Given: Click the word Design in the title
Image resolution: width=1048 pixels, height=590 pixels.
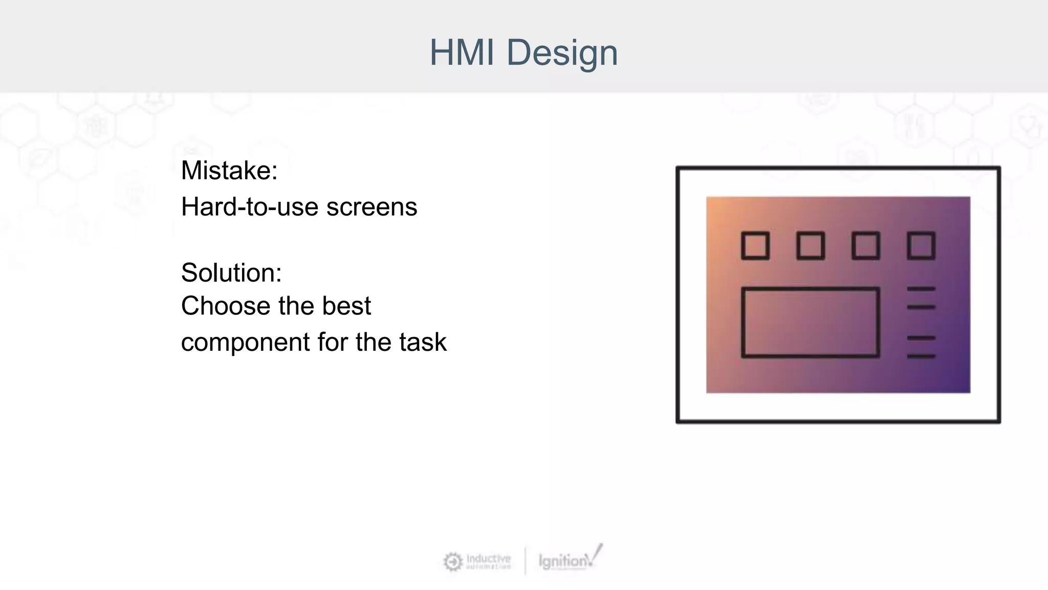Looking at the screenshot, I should tap(562, 53).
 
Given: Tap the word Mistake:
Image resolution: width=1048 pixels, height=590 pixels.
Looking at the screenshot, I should tap(229, 171).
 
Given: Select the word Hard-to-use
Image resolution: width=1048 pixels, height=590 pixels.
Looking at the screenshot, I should tap(250, 207).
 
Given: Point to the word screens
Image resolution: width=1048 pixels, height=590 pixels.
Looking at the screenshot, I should tap(372, 207).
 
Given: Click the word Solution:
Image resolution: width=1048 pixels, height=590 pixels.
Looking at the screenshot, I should tap(231, 272).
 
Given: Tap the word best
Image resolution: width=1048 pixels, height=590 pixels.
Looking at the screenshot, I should tap(346, 306).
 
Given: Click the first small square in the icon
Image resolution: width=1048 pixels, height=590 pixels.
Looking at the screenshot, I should tap(755, 246).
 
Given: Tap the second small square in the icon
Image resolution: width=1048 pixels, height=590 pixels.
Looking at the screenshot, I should tap(811, 246).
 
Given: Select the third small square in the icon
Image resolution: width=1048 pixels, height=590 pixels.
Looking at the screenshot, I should tap(866, 246).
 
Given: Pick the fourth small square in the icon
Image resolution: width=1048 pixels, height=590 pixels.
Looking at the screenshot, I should tap(921, 246).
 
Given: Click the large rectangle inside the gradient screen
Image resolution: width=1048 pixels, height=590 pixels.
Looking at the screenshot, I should tap(811, 322).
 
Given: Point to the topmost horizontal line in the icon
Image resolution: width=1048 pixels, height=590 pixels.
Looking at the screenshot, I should tap(921, 289).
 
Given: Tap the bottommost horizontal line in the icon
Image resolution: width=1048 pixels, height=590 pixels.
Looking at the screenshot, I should tap(921, 356).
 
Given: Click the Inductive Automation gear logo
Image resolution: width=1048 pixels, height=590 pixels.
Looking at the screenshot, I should tap(453, 562).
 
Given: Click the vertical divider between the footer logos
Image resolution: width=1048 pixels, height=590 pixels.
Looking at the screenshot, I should tap(526, 561).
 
